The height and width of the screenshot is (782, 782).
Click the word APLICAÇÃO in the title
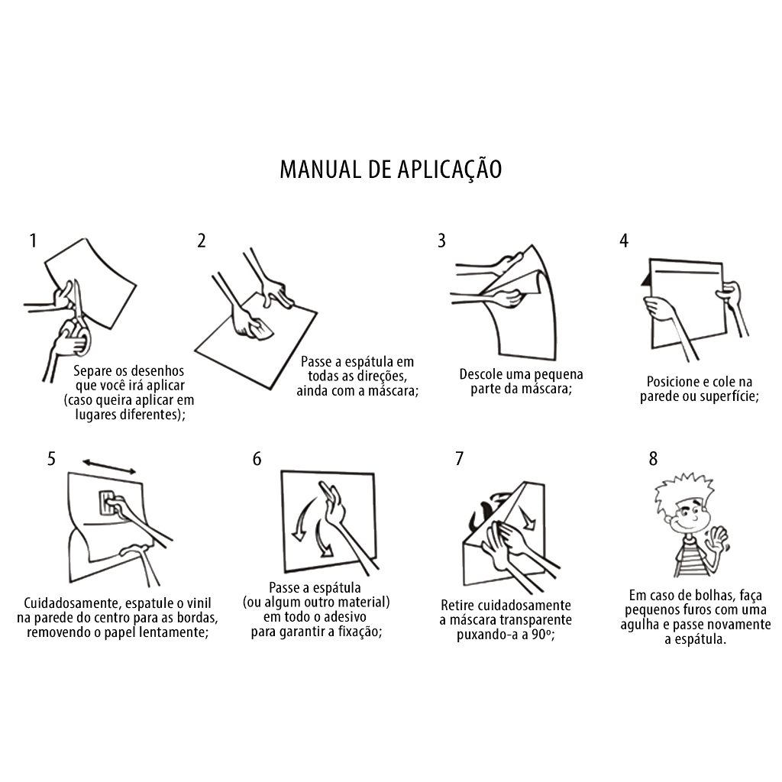tap(449, 169)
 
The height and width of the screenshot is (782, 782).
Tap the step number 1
tap(33, 241)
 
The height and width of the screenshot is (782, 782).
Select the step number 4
tap(624, 241)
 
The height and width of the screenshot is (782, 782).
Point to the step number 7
tap(459, 458)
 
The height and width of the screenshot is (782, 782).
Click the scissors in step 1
tap(79, 319)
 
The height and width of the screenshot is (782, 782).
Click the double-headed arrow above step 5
tap(109, 467)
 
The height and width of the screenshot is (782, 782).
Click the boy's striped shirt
tap(692, 558)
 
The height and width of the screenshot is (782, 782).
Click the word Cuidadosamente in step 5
tap(69, 603)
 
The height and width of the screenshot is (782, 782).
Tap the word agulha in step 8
tap(639, 625)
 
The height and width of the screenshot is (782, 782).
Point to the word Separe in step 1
tap(92, 371)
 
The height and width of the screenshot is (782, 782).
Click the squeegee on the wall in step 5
tap(108, 502)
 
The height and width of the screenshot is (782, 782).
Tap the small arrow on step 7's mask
tap(525, 518)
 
